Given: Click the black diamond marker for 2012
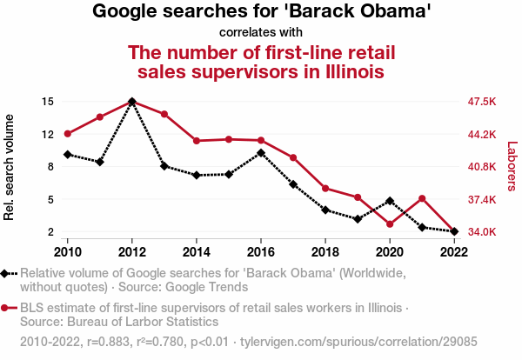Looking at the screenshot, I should (x=131, y=102).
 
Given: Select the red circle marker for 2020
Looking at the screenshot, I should (x=390, y=224).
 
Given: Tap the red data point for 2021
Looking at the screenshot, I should (x=422, y=198).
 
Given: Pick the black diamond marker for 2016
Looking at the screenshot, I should (x=261, y=153).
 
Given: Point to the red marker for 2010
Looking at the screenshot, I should (x=67, y=133).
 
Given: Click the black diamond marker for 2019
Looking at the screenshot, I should (x=358, y=219).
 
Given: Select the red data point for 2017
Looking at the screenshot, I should (x=293, y=157).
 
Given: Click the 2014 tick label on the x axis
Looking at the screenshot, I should (x=197, y=251).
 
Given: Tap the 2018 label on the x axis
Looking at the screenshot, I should (x=325, y=251).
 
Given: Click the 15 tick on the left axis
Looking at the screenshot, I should (x=49, y=102).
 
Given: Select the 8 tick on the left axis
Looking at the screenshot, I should (x=51, y=167).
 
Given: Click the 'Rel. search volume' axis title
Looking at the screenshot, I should (x=10, y=166).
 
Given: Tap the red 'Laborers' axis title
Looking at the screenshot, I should (x=512, y=166).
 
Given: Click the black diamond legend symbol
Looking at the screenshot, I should (x=9, y=273).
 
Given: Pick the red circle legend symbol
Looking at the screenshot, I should (x=9, y=308).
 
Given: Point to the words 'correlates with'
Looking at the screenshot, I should (x=261, y=32).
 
